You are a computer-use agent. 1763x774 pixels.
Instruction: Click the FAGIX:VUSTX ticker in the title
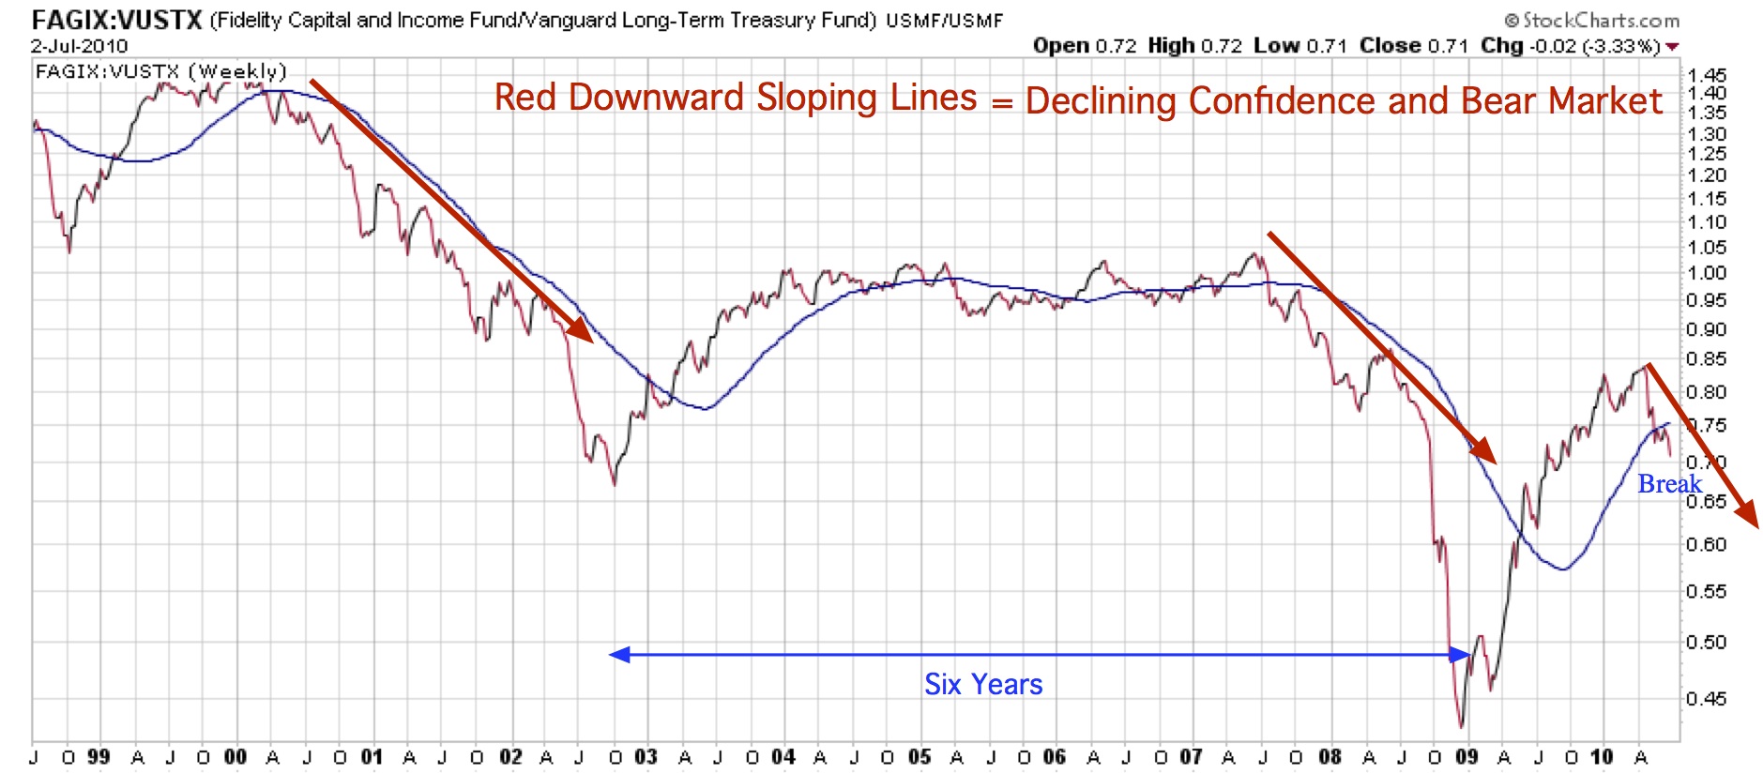[x=116, y=20]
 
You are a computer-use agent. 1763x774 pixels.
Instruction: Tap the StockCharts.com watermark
[x=1591, y=20]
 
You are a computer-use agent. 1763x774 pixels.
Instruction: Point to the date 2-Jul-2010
[x=79, y=46]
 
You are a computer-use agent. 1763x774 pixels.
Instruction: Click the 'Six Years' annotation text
[x=983, y=685]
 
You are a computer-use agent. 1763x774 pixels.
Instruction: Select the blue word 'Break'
[x=1669, y=484]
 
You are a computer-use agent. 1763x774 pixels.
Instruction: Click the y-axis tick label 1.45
[x=1706, y=75]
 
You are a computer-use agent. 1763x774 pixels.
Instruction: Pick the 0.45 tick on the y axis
[x=1706, y=699]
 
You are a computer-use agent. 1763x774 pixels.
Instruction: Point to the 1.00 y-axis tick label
[x=1706, y=273]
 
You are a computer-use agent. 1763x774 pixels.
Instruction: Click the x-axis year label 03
[x=646, y=757]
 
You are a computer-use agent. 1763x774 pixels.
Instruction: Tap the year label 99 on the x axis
[x=99, y=757]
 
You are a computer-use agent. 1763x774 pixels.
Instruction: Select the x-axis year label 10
[x=1602, y=757]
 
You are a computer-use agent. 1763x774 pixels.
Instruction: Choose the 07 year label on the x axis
[x=1191, y=757]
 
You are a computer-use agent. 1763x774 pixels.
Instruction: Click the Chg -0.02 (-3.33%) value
[x=1573, y=46]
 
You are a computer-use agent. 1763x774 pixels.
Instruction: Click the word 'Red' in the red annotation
[x=526, y=98]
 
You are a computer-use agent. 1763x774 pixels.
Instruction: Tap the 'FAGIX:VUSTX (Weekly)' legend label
[x=160, y=71]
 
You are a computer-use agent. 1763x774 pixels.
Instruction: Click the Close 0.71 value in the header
[x=1413, y=46]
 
